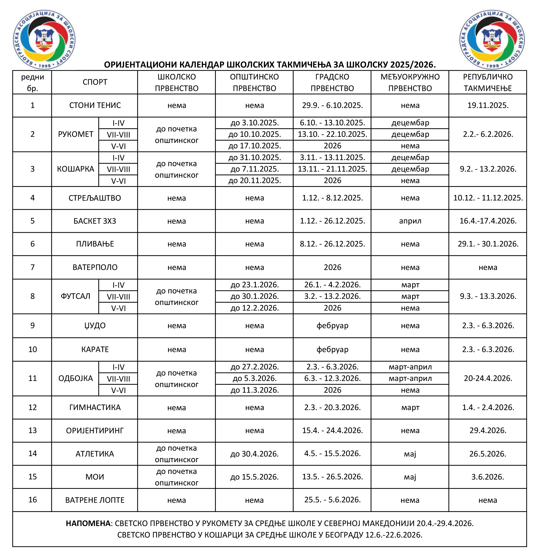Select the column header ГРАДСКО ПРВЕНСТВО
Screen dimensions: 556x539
pyautogui.click(x=332, y=82)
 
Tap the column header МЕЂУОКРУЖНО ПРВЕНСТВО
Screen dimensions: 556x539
pyautogui.click(x=410, y=82)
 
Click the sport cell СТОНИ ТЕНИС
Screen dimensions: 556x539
pyautogui.click(x=95, y=105)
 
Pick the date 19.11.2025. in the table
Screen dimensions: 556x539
pyautogui.click(x=488, y=105)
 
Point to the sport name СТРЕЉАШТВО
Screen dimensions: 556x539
pyautogui.click(x=95, y=198)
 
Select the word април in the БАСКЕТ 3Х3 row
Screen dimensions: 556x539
pyautogui.click(x=410, y=221)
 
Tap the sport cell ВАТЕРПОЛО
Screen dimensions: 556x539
pyautogui.click(x=95, y=267)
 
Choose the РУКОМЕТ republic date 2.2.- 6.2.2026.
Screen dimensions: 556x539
pyautogui.click(x=488, y=134)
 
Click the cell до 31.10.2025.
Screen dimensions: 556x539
pyautogui.click(x=255, y=157)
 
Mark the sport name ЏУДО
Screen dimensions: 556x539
pyautogui.click(x=95, y=325)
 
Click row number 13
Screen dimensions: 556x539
pyautogui.click(x=32, y=430)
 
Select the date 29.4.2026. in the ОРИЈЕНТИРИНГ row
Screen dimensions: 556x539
pyautogui.click(x=488, y=430)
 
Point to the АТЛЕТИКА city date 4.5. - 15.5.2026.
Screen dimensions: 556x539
pyautogui.click(x=332, y=453)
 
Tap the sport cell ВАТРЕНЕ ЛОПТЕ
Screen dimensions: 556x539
pyautogui.click(x=95, y=500)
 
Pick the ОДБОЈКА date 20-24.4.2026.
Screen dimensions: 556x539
pyautogui.click(x=488, y=378)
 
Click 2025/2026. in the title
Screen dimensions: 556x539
pyautogui.click(x=413, y=65)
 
